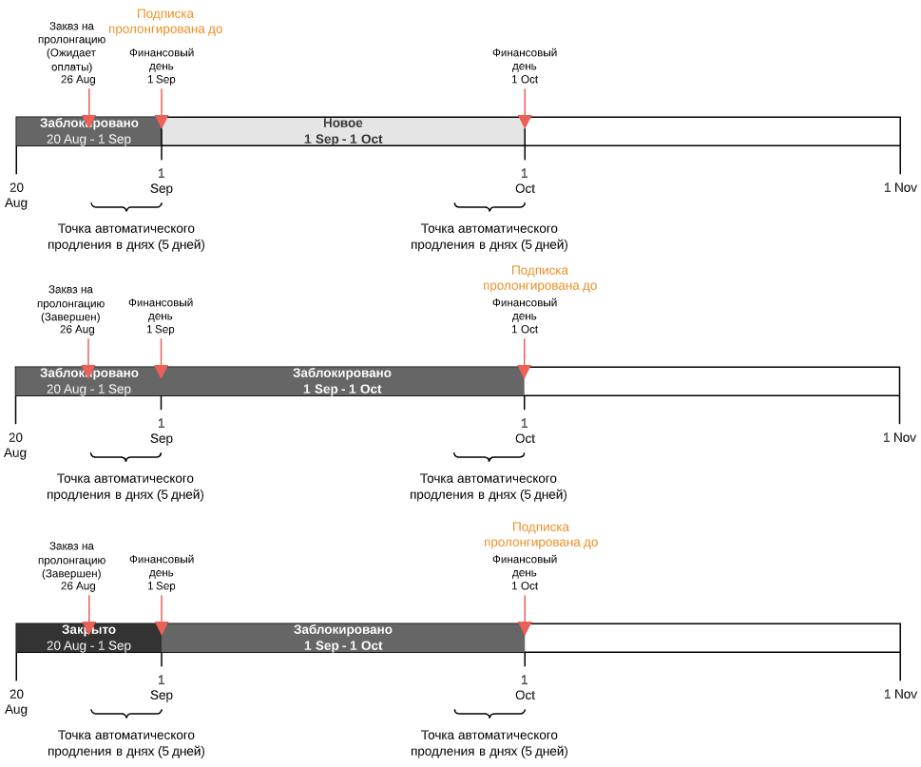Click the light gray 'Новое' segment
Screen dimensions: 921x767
tap(343, 131)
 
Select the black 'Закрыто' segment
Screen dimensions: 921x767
tap(88, 638)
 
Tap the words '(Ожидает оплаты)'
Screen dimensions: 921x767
tap(71, 59)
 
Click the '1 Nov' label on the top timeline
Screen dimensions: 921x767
tap(900, 187)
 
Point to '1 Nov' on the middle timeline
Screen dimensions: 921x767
tap(899, 437)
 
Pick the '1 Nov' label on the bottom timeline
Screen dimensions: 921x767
tap(900, 694)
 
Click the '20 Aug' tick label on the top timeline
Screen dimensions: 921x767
tap(16, 195)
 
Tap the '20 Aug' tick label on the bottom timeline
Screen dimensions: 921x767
tap(16, 701)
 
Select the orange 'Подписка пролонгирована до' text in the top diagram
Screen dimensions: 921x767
tap(165, 21)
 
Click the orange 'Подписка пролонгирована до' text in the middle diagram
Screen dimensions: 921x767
tap(540, 278)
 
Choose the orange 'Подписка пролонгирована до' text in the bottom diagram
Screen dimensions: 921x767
tap(541, 534)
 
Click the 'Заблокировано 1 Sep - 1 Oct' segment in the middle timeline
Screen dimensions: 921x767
tap(342, 381)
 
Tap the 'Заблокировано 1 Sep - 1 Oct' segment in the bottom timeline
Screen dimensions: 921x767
tap(343, 638)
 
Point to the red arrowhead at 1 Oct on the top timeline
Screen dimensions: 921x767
tap(525, 122)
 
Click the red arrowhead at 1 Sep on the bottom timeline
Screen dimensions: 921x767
tap(162, 628)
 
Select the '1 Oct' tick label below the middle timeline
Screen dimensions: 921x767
tap(525, 431)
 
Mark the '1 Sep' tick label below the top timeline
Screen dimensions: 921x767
tap(162, 181)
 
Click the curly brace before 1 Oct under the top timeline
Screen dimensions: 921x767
tap(489, 207)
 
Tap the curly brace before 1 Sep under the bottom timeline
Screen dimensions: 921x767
tap(126, 713)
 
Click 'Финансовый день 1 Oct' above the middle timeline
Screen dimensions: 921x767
tap(525, 316)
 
